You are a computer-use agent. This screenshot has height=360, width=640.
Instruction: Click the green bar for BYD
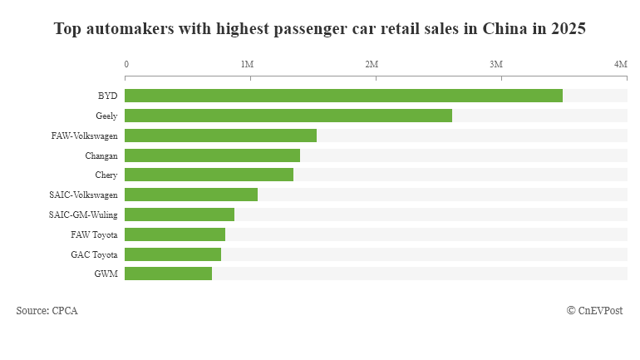pyautogui.click(x=343, y=96)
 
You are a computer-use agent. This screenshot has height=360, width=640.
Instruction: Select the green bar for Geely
pyautogui.click(x=288, y=116)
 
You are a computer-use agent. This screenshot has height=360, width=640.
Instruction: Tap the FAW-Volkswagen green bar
pyautogui.click(x=220, y=136)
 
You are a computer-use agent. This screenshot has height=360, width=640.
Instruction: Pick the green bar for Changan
pyautogui.click(x=212, y=155)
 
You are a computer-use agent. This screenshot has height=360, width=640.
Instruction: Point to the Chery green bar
pyautogui.click(x=209, y=175)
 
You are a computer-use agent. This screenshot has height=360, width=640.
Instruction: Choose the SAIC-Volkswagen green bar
pyautogui.click(x=191, y=195)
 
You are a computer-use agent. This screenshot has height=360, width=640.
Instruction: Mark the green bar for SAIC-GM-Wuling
pyautogui.click(x=180, y=215)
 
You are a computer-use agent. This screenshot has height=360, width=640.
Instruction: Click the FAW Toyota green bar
pyautogui.click(x=175, y=234)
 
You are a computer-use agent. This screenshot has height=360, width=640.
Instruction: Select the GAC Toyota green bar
pyautogui.click(x=173, y=254)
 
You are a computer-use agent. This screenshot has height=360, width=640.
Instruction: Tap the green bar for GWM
pyautogui.click(x=168, y=274)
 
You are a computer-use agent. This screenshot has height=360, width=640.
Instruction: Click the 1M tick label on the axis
pyautogui.click(x=247, y=64)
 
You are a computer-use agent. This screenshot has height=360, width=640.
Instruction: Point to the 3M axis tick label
pyautogui.click(x=496, y=64)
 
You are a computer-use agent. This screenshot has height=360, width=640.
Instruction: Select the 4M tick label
pyautogui.click(x=620, y=64)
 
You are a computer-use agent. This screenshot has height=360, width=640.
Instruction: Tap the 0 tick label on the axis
pyautogui.click(x=126, y=64)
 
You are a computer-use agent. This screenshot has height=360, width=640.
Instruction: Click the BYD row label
pyautogui.click(x=108, y=96)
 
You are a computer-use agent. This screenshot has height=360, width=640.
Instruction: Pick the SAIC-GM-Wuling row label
pyautogui.click(x=83, y=215)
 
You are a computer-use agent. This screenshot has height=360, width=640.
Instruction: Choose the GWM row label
pyautogui.click(x=106, y=274)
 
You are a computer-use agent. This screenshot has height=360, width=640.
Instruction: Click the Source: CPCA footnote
pyautogui.click(x=47, y=310)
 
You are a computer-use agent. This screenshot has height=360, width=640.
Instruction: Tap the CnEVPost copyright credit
pyautogui.click(x=596, y=310)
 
